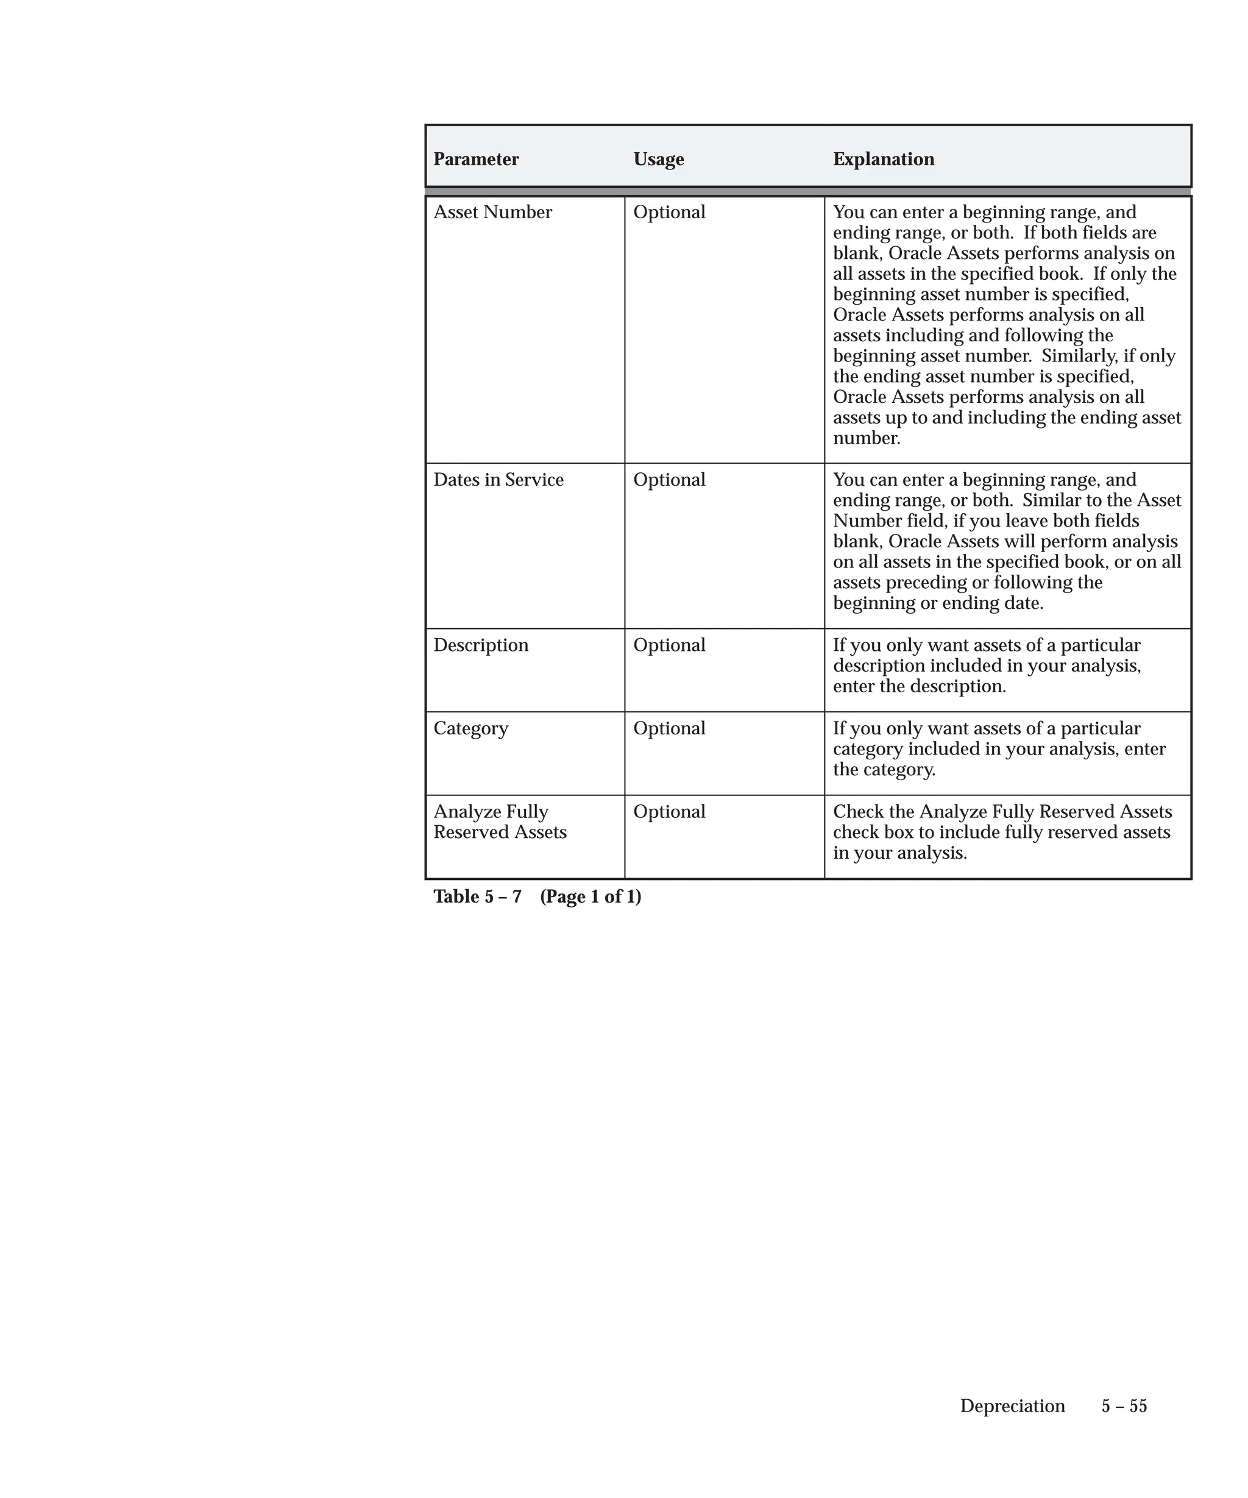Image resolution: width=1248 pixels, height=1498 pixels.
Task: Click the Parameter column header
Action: (476, 159)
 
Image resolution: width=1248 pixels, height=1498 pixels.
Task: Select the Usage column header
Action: (658, 159)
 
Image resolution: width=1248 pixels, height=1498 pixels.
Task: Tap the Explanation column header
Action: (883, 159)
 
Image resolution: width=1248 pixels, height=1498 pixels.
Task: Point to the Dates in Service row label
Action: (498, 480)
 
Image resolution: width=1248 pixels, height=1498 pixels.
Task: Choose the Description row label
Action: (481, 645)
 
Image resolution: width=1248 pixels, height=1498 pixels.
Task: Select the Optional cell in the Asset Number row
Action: (669, 213)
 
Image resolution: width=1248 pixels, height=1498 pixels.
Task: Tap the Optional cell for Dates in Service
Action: (669, 480)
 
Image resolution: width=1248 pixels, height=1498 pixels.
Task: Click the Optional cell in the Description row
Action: (669, 645)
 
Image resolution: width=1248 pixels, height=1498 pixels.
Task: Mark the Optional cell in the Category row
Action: (669, 728)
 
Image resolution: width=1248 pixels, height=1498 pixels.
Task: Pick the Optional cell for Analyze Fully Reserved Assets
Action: (669, 812)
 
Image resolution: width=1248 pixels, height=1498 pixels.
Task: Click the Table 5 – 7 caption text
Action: (477, 896)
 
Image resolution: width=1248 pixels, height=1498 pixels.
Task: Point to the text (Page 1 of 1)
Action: (590, 896)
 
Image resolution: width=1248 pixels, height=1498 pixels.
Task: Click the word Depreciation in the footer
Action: (1012, 1406)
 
